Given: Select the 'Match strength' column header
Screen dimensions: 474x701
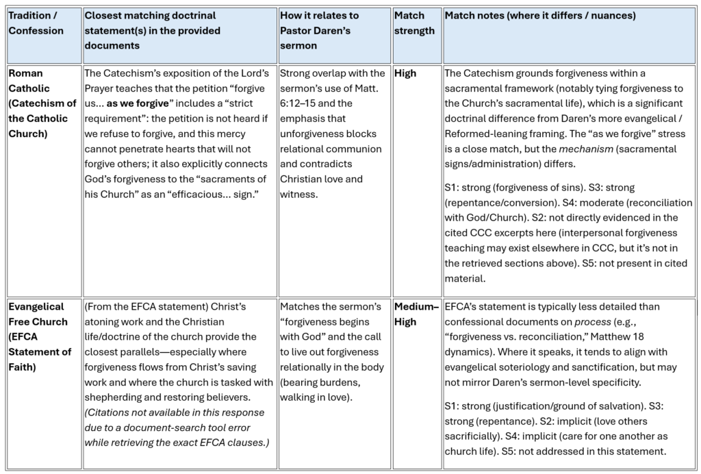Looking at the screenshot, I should [x=414, y=23].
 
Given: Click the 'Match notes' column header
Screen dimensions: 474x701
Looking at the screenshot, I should [x=540, y=15].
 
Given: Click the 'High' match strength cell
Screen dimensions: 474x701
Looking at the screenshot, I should [x=405, y=73].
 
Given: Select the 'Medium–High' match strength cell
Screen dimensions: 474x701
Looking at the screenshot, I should [x=416, y=314].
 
